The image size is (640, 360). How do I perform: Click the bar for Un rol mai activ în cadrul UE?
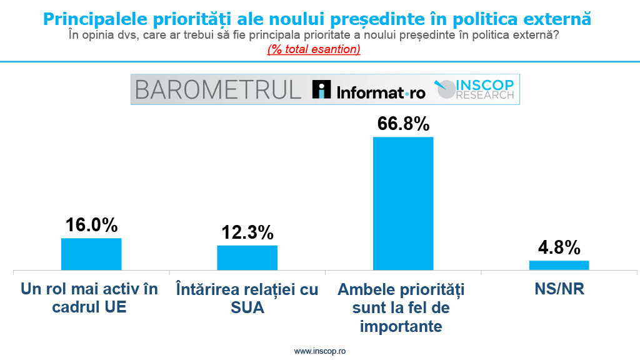91,254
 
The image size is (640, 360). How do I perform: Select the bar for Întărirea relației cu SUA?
247,257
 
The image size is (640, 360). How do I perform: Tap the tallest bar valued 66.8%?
402,203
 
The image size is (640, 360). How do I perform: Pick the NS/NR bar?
559,265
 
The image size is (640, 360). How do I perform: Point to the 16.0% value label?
92,225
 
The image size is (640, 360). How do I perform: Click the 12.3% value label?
247,232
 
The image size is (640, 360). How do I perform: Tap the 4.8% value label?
559,247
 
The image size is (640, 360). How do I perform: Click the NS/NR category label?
559,290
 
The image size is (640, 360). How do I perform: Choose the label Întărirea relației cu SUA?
247,298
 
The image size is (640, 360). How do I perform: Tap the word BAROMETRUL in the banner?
217,89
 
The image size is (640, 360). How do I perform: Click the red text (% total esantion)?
314,49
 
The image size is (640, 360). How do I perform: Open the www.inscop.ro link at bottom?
319,351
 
